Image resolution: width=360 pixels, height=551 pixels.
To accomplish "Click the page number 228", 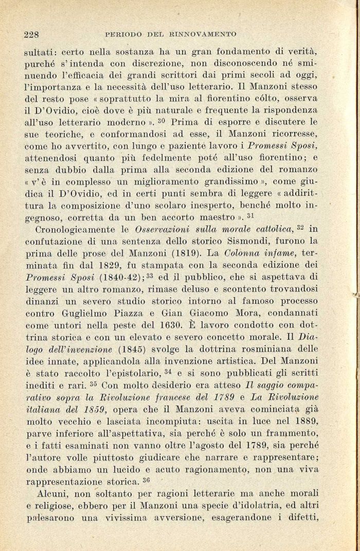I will point(32,34).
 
